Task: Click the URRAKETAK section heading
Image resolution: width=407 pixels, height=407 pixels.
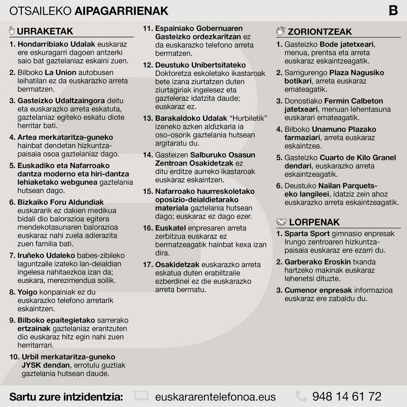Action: pyautogui.click(x=45, y=31)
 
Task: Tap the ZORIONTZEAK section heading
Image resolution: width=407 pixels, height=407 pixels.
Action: pyautogui.click(x=320, y=31)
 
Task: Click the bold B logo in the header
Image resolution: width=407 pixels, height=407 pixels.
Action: pyautogui.click(x=393, y=10)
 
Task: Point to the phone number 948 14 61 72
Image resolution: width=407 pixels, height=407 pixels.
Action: pyautogui.click(x=346, y=396)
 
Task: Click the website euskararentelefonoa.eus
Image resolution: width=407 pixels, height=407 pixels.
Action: pyautogui.click(x=215, y=396)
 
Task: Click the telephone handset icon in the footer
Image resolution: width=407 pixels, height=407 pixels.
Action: pyautogui.click(x=301, y=396)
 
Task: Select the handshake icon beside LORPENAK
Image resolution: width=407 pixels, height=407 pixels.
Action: pyautogui.click(x=281, y=222)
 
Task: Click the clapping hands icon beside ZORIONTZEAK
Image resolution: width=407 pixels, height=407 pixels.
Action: pyautogui.click(x=281, y=31)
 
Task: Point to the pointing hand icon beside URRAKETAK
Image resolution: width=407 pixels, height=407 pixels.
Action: pyautogui.click(x=12, y=31)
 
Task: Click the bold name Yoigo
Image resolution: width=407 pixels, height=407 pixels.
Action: pyautogui.click(x=28, y=292)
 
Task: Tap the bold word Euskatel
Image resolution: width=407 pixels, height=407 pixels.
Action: pyautogui.click(x=169, y=228)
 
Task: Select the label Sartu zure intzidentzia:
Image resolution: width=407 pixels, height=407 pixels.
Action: pyautogui.click(x=66, y=396)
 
